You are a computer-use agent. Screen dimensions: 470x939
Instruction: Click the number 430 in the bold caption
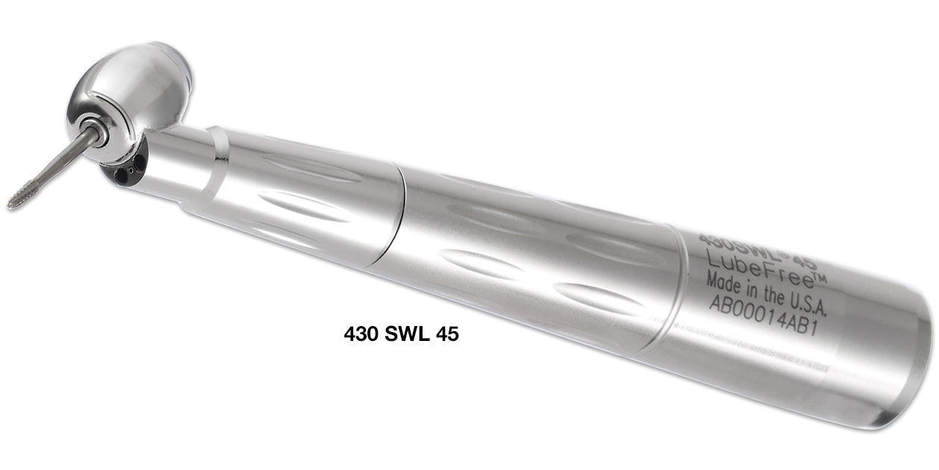[x=361, y=335]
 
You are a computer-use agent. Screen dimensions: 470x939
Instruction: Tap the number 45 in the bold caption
[x=448, y=335]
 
